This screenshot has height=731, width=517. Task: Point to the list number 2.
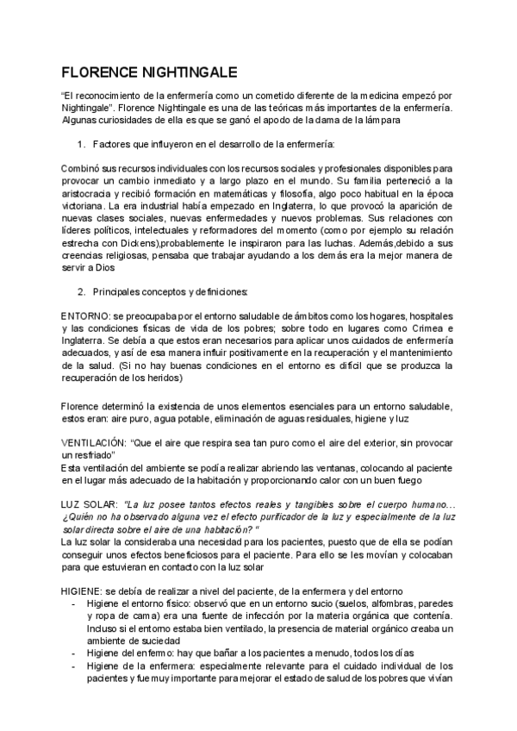[x=80, y=292]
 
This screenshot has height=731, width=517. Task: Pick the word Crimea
[x=431, y=328]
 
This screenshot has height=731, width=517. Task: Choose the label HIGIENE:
[x=81, y=591]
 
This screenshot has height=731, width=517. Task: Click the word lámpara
[x=383, y=121]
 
